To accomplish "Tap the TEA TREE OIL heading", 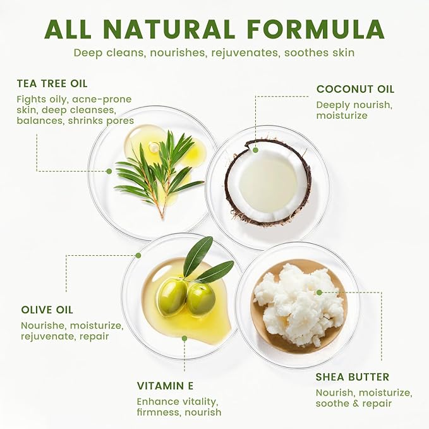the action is point(52,83).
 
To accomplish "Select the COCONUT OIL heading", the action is point(356,89).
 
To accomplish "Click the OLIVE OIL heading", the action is point(47,310).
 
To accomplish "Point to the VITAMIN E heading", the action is point(166,386).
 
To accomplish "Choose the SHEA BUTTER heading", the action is point(353,377).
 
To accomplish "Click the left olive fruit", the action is point(172,296).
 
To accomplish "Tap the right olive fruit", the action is point(201,299).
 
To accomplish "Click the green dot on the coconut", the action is point(255,150).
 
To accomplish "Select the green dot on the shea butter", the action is point(319,293).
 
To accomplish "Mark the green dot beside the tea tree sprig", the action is point(109,171).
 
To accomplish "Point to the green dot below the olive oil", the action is point(184,339).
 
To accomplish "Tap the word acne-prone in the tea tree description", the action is point(102,99).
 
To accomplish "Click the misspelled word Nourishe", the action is point(43,325).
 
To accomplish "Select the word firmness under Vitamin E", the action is point(159,412).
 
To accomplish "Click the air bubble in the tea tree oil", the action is point(154,147).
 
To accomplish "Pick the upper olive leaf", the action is point(198,256).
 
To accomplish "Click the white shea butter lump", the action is point(298,304).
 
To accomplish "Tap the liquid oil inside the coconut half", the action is point(268,182).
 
